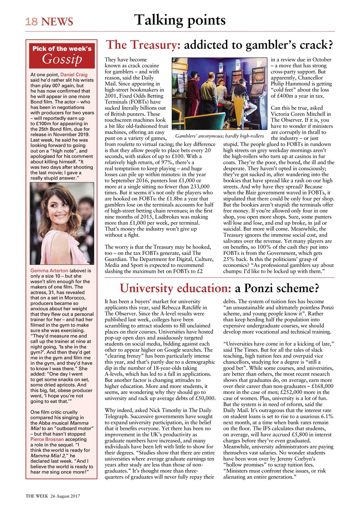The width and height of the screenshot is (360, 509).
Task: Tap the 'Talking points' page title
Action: tap(180, 19)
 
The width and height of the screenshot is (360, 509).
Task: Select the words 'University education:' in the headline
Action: tap(163, 288)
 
